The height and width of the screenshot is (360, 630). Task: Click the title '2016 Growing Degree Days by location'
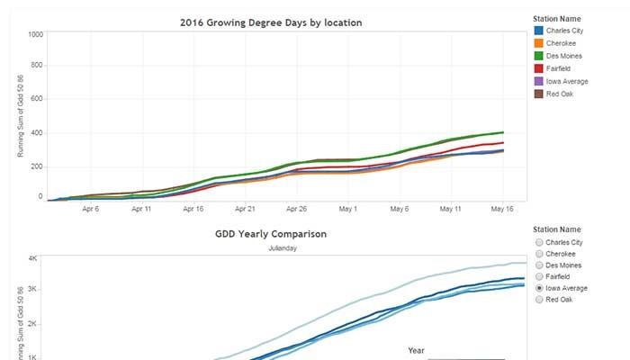[x=270, y=22]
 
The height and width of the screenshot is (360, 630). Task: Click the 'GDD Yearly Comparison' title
[x=270, y=234]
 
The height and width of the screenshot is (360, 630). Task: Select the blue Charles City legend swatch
[x=539, y=31]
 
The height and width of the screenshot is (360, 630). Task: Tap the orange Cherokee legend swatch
[x=539, y=43]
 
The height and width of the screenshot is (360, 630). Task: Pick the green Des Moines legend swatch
[x=539, y=56]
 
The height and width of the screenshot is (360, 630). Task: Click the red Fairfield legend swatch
[x=539, y=68]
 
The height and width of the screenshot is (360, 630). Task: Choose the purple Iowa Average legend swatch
[x=539, y=81]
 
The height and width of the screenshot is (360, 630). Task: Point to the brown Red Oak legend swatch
[x=539, y=94]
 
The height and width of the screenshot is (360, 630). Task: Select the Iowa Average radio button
[x=539, y=288]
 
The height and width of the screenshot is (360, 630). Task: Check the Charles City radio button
[x=539, y=242]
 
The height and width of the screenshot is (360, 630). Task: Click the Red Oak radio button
[x=539, y=300]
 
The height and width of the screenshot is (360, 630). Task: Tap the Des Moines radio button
[x=539, y=265]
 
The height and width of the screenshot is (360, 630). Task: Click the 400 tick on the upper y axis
[x=36, y=133]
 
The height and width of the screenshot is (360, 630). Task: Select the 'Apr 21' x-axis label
[x=245, y=208]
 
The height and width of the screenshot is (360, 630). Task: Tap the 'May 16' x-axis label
[x=502, y=208]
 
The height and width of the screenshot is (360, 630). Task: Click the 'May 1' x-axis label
[x=348, y=208]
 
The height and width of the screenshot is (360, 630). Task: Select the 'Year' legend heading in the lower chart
[x=417, y=350]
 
